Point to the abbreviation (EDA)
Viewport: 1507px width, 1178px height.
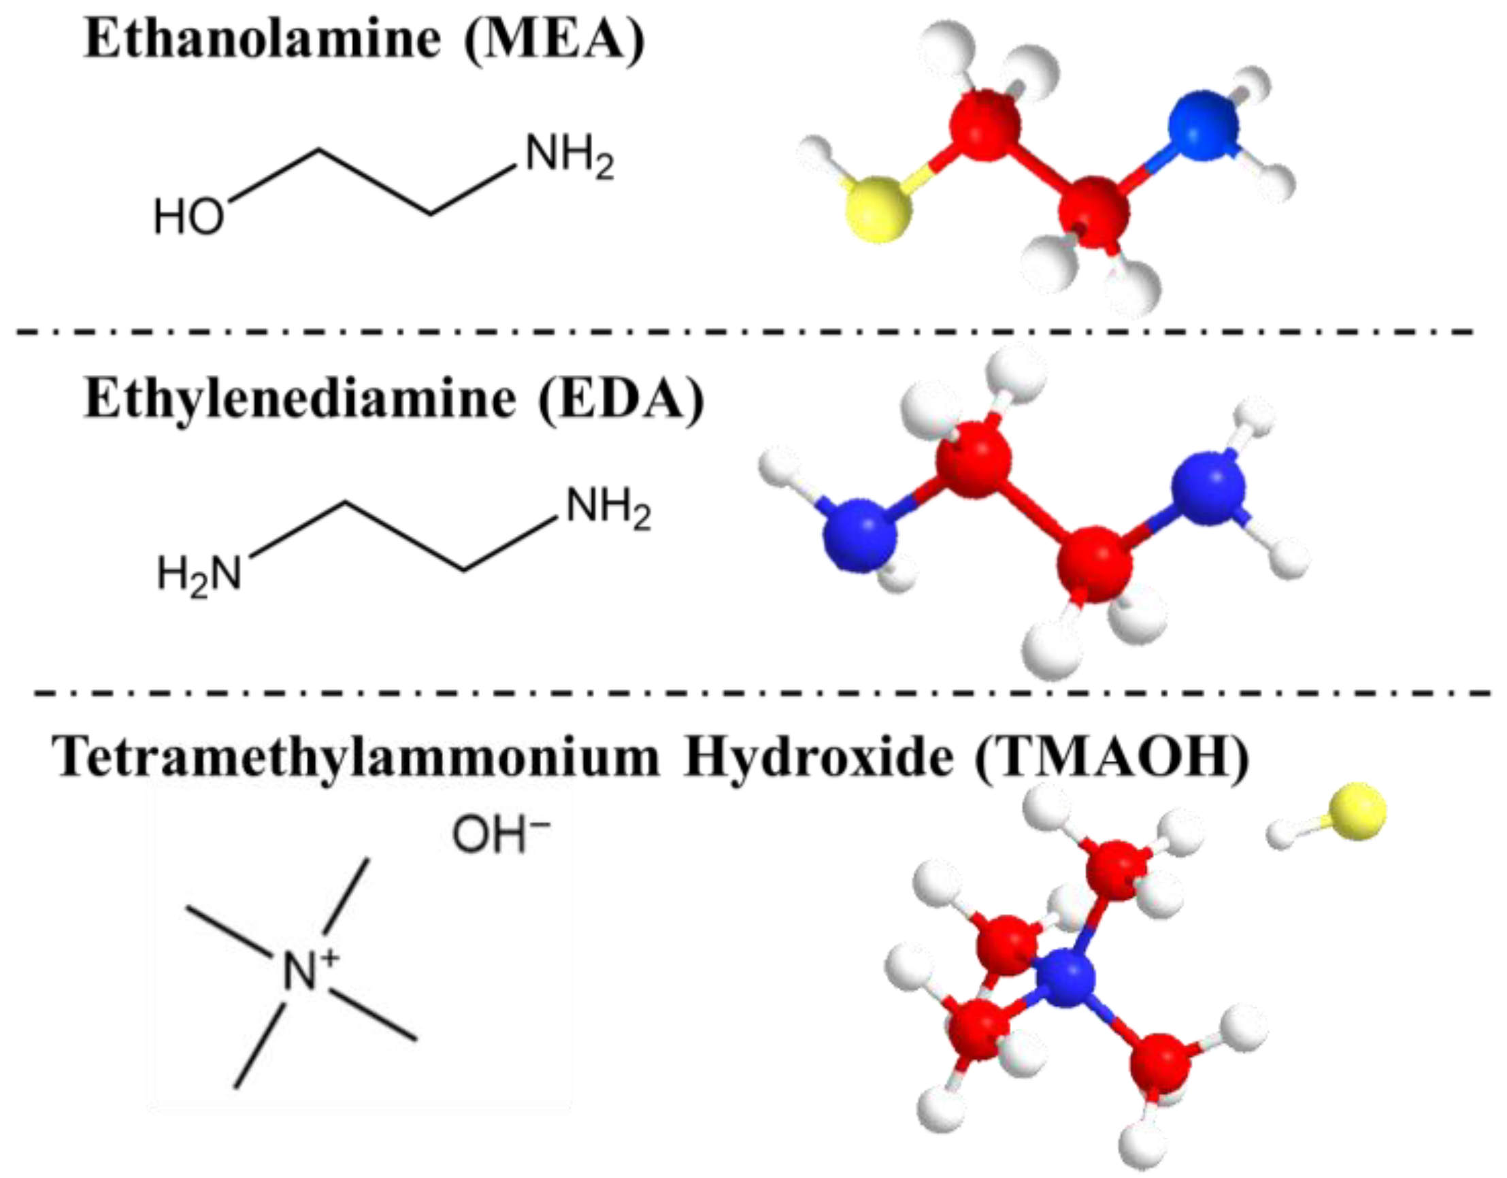620,399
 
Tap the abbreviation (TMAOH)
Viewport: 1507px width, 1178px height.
1112,757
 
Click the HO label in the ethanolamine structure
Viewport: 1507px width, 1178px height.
188,216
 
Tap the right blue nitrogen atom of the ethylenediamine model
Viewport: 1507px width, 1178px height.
1209,487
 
